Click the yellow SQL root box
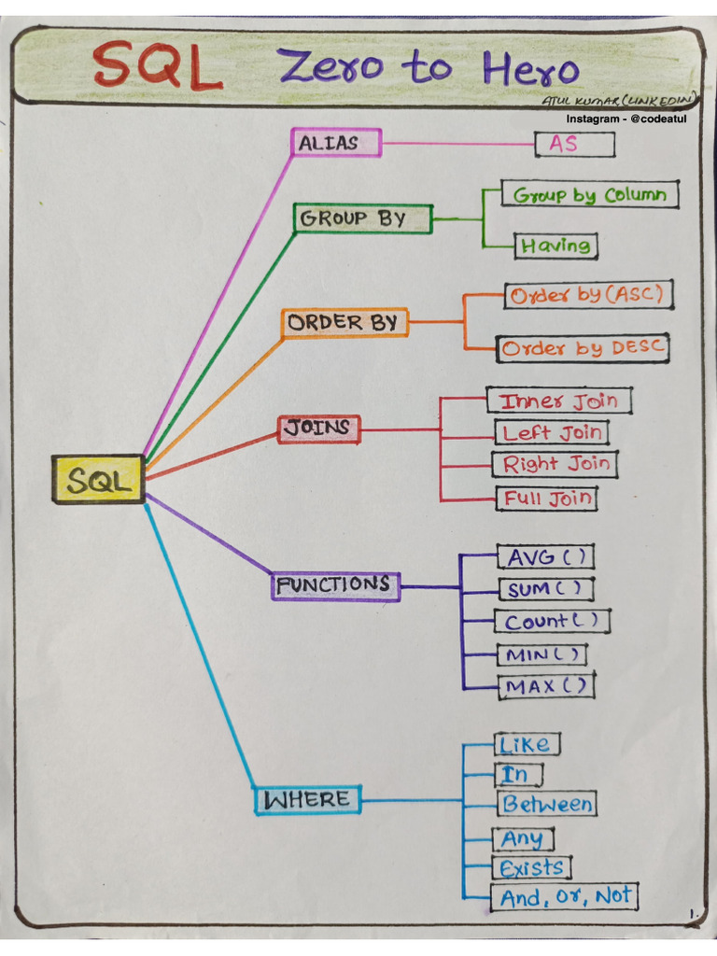point(99,480)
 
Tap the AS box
point(574,144)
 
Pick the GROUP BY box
point(363,218)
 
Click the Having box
point(555,246)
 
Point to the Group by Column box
point(589,195)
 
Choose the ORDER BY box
point(344,323)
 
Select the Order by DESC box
point(583,348)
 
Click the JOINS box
point(319,429)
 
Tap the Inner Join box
point(558,401)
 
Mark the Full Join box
point(547,498)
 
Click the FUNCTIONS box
point(335,586)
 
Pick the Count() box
point(552,621)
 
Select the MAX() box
point(545,685)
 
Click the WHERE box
point(307,800)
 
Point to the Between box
point(546,804)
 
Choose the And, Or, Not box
point(565,897)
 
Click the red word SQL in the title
point(158,66)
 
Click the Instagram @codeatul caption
point(631,119)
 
